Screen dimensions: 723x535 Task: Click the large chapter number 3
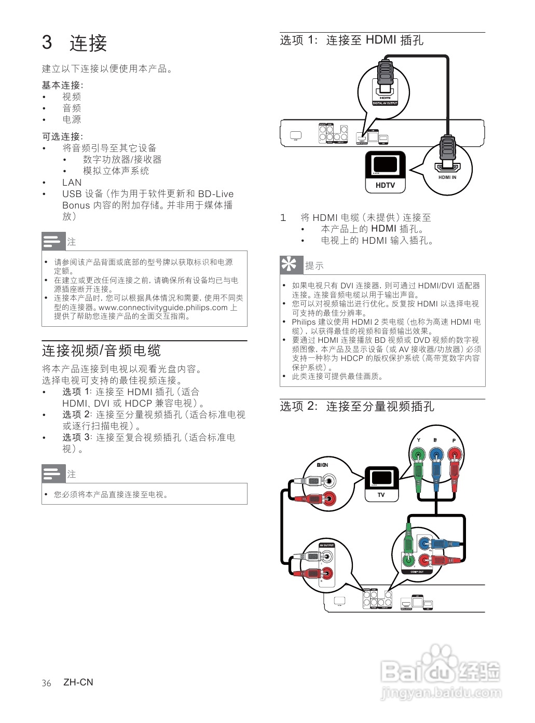(47, 43)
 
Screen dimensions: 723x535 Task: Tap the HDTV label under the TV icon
(385, 185)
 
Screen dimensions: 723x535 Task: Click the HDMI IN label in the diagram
(447, 177)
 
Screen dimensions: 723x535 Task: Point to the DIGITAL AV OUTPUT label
(385, 103)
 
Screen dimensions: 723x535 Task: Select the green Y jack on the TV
(418, 456)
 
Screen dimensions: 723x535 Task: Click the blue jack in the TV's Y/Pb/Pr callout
(436, 456)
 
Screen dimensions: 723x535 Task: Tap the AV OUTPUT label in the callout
(326, 546)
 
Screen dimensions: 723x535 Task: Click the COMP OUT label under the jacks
(417, 572)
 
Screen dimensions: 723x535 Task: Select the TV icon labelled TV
(381, 484)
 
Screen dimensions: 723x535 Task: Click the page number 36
(47, 683)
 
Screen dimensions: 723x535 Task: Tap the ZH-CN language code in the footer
(78, 683)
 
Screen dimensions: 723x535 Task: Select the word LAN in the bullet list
(72, 183)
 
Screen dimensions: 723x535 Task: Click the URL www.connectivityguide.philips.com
(163, 308)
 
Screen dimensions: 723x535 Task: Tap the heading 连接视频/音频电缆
(101, 351)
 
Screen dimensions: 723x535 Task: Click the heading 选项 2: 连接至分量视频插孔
(357, 407)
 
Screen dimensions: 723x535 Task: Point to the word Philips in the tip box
(304, 322)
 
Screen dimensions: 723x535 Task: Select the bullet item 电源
(72, 119)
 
